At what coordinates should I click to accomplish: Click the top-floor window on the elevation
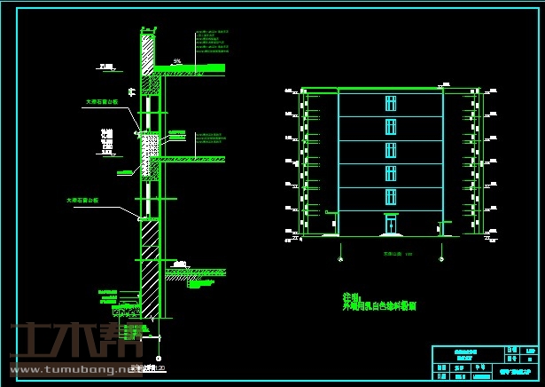[390, 103]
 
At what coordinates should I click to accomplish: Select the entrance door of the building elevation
[390, 225]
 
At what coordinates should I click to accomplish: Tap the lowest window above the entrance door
[390, 196]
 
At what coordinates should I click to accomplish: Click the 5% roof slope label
[177, 61]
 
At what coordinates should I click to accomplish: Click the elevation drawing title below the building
[390, 254]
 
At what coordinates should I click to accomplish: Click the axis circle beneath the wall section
[159, 358]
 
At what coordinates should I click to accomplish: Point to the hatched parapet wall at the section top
[148, 48]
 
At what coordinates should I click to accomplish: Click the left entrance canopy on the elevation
[331, 212]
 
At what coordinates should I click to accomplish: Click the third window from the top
[390, 149]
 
